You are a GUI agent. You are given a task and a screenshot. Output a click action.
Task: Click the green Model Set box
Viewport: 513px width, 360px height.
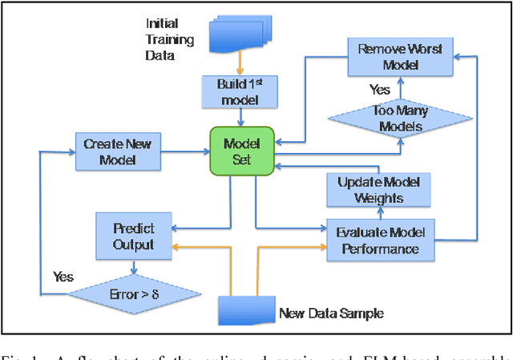(242, 150)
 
